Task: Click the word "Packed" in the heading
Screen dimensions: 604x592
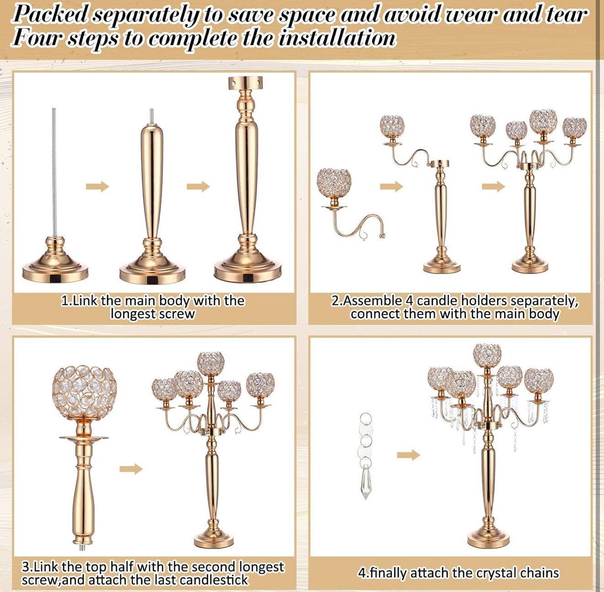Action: point(50,14)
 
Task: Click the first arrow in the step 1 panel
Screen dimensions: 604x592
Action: point(97,187)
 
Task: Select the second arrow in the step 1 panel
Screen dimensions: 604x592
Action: point(198,187)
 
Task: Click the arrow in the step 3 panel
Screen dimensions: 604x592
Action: point(131,469)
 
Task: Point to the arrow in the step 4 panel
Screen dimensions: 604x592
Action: point(409,455)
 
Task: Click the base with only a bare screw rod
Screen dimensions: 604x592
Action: point(55,260)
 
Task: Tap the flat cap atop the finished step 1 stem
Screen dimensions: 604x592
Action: point(245,82)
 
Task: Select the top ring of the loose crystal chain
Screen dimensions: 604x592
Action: point(366,418)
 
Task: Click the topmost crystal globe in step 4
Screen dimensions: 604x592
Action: point(487,356)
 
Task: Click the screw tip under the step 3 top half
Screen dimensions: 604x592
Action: point(82,547)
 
